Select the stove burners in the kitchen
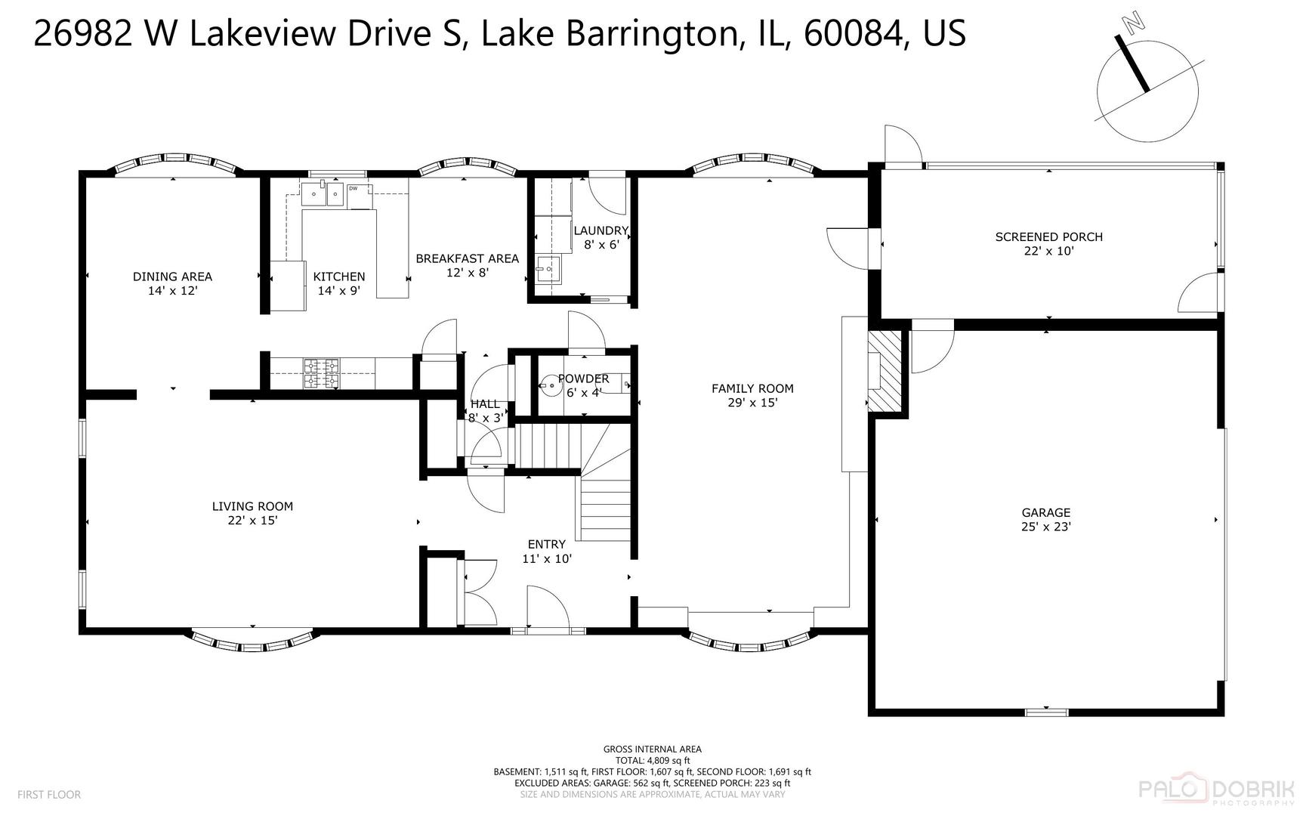click(x=322, y=373)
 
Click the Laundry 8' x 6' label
click(x=601, y=237)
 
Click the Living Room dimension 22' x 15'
click(x=252, y=520)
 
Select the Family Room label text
click(x=752, y=388)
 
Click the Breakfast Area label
click(x=467, y=258)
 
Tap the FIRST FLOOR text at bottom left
click(x=48, y=794)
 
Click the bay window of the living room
click(x=252, y=642)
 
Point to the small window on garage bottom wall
click(x=1046, y=712)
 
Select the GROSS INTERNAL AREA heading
click(x=652, y=750)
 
